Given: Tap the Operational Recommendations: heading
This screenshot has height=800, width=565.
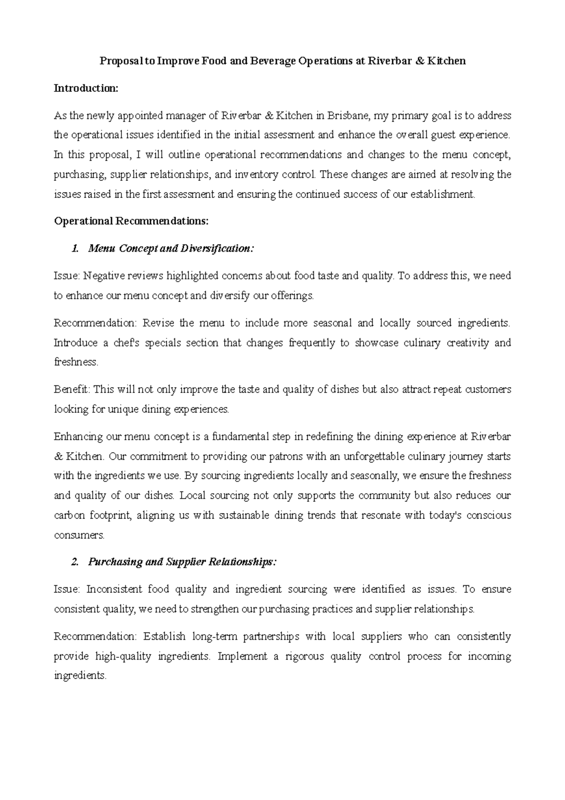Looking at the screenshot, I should click(x=131, y=221).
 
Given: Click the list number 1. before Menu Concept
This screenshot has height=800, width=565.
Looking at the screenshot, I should click(x=74, y=248).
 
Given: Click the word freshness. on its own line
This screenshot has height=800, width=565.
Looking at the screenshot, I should click(x=76, y=362).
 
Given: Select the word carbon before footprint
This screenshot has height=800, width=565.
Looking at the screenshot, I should click(x=69, y=515).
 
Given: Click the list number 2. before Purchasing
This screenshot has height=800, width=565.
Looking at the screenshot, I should click(x=74, y=562).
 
